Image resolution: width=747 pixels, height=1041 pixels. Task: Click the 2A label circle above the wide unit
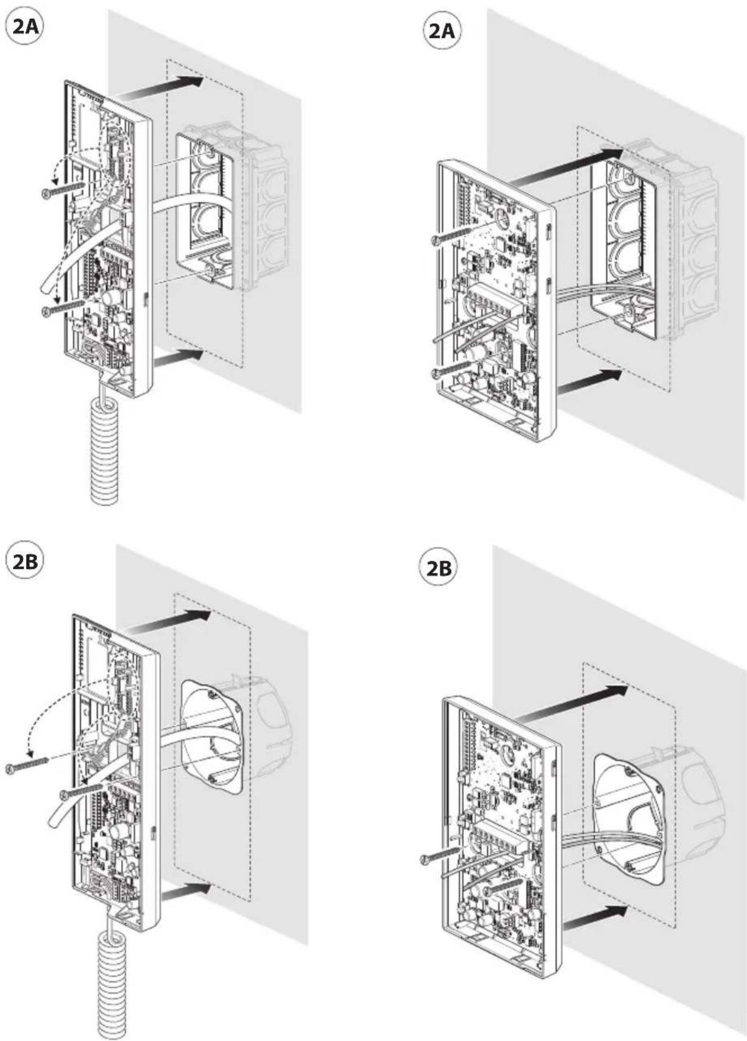pyautogui.click(x=441, y=32)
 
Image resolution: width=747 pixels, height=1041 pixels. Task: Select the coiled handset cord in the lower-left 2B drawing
pyautogui.click(x=115, y=989)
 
